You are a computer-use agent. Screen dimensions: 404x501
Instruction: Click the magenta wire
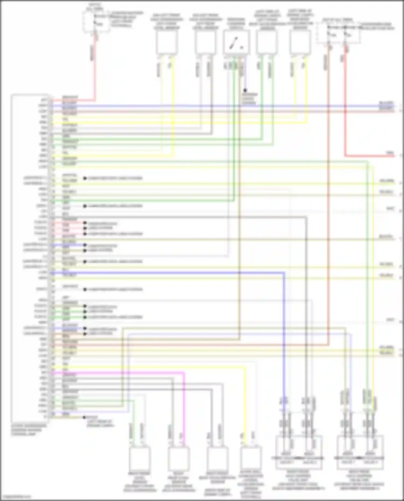pos(184,404)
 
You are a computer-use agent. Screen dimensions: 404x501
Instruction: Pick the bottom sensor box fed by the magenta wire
pos(179,458)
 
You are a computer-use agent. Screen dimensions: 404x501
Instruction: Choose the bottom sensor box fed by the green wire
pos(140,458)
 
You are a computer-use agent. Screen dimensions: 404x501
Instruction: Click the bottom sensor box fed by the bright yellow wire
pos(251,458)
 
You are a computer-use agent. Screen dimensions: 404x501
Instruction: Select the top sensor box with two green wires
pos(267,41)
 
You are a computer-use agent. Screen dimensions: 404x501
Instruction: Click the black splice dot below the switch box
pos(245,90)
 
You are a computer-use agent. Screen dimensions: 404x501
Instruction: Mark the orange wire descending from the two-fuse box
pos(328,188)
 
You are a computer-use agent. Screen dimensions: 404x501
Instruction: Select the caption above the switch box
pos(236,23)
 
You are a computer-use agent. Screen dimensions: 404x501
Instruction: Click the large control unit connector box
pos(30,258)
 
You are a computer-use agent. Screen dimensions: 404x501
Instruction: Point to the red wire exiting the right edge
pos(372,156)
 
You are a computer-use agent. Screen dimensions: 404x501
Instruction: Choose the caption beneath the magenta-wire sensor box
pos(179,482)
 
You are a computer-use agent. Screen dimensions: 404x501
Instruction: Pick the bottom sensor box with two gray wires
pos(217,458)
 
